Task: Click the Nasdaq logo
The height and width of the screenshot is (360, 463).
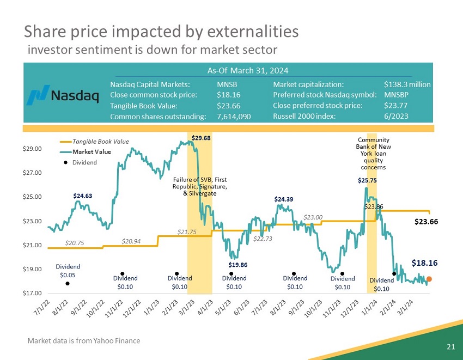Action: [64, 95]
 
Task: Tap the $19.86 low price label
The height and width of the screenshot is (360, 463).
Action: [237, 265]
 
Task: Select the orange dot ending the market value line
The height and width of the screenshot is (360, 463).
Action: [429, 279]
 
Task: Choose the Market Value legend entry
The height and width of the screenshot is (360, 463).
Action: [90, 151]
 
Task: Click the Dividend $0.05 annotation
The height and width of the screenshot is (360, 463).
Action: [68, 271]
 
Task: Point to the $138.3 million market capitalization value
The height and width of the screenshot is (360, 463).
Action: [407, 85]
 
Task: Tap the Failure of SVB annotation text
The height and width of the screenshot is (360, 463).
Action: [199, 186]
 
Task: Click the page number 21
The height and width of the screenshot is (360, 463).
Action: [449, 346]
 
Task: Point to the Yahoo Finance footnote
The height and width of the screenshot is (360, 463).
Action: [84, 341]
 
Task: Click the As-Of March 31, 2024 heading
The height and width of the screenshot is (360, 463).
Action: [248, 71]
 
